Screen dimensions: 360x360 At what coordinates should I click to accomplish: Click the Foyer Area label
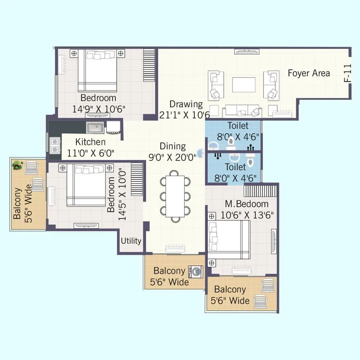pyautogui.click(x=309, y=73)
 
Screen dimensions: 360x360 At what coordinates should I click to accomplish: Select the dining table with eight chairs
pyautogui.click(x=175, y=196)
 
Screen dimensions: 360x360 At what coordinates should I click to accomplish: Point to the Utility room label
pyautogui.click(x=131, y=241)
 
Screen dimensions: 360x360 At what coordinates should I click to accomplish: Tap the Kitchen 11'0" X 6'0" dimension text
pyautogui.click(x=91, y=153)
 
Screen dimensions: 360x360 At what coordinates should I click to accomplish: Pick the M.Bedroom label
pyautogui.click(x=247, y=204)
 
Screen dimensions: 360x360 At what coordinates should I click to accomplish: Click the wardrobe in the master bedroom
pyautogui.click(x=261, y=189)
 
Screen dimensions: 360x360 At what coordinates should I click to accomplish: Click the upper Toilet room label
pyautogui.click(x=238, y=126)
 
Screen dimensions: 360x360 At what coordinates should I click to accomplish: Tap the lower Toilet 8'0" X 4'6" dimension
pyautogui.click(x=235, y=178)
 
